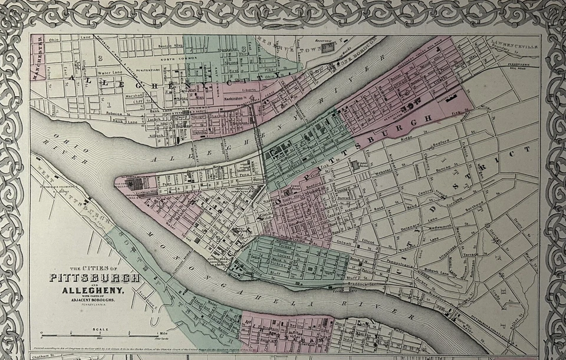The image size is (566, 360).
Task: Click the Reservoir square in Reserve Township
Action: (328, 47)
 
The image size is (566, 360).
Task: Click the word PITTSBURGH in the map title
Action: (95, 278)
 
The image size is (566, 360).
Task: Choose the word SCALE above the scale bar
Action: (100, 328)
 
